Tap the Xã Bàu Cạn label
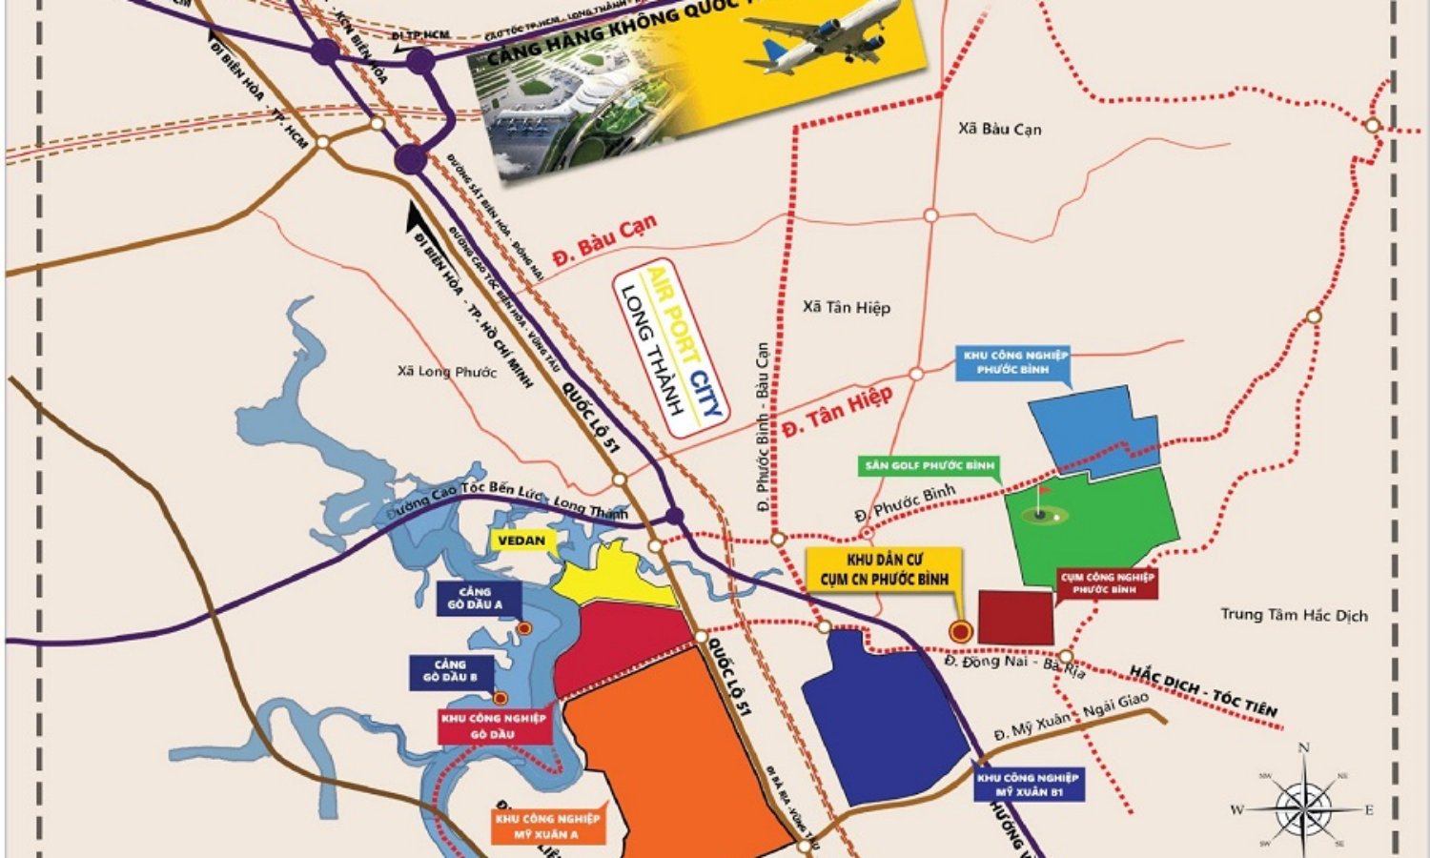999,129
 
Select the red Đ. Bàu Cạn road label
605,241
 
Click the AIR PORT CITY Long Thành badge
671,348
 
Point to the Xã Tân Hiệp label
846,307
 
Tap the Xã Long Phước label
446,371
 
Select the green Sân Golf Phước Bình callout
928,466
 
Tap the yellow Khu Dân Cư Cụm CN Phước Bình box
882,568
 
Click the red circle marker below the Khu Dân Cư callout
961,630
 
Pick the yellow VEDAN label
521,541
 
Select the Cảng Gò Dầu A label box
474,598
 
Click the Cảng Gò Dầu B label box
451,670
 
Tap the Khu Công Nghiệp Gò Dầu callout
493,725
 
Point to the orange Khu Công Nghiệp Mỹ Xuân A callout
548,826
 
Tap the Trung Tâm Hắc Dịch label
1294,615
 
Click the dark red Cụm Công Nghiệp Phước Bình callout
1106,582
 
